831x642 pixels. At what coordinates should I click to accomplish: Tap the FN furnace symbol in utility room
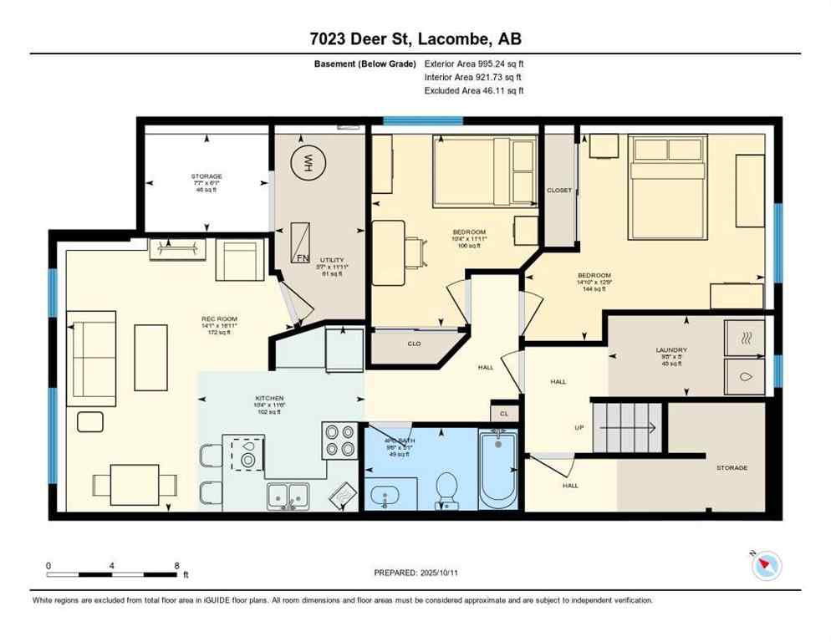coord(303,243)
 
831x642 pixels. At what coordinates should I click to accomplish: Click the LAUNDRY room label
coord(670,351)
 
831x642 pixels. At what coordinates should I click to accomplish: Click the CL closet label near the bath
coord(503,413)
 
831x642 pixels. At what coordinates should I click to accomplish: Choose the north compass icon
coord(766,565)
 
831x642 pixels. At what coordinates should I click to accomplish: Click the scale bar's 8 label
coord(176,565)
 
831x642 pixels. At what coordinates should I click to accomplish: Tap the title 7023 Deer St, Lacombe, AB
coord(415,38)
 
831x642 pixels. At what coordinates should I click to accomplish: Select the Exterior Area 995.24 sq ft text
coord(474,64)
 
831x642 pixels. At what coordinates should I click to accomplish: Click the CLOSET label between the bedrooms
coord(559,190)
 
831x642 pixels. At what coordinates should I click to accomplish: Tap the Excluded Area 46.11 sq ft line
coord(474,90)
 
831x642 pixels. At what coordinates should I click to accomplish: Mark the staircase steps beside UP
coord(627,415)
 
